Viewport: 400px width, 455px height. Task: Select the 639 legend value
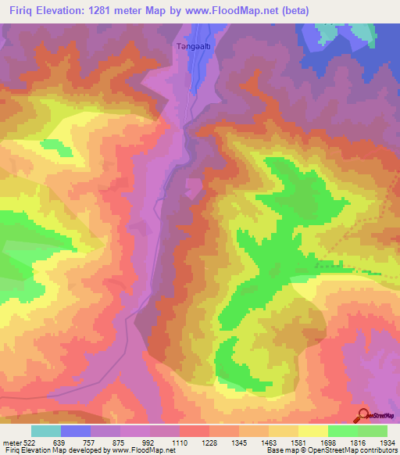58,442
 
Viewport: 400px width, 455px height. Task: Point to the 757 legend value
87,442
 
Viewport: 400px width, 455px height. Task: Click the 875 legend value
118,442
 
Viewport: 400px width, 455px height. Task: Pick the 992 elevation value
148,442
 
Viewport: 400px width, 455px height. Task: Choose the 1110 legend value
180,442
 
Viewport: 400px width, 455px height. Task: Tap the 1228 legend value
210,442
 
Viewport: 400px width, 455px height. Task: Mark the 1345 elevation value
241,442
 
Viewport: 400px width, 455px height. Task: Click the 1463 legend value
270,442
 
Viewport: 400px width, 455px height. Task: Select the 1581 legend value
300,442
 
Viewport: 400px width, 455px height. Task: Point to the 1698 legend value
330,442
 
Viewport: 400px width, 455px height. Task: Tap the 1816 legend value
359,442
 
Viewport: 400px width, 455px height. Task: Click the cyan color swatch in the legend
46,431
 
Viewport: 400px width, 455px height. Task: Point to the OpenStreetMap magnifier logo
364,415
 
